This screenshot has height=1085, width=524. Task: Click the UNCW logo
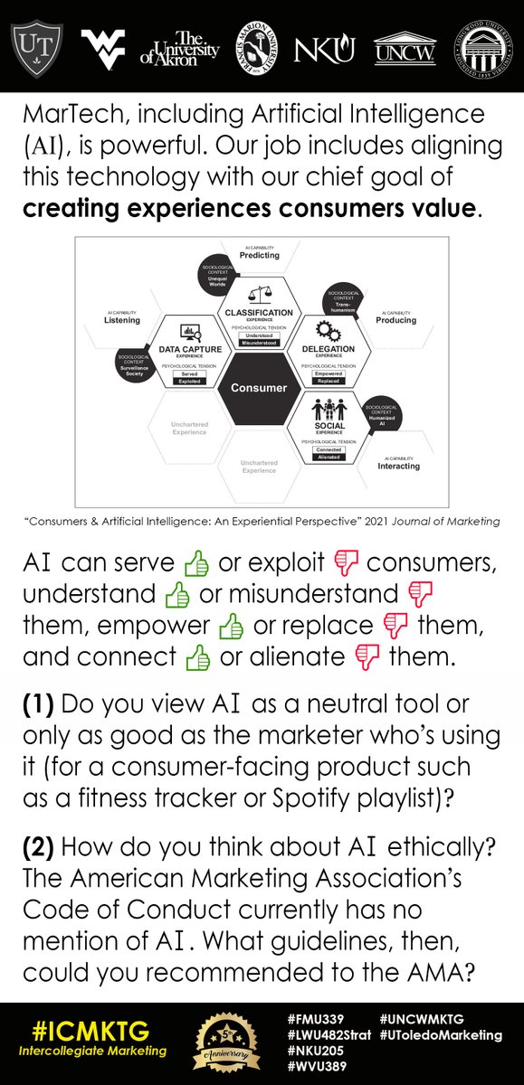405,47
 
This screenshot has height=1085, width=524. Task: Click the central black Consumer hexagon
260,388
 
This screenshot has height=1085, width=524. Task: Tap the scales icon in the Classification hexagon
260,296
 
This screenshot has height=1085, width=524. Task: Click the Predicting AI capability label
260,254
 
